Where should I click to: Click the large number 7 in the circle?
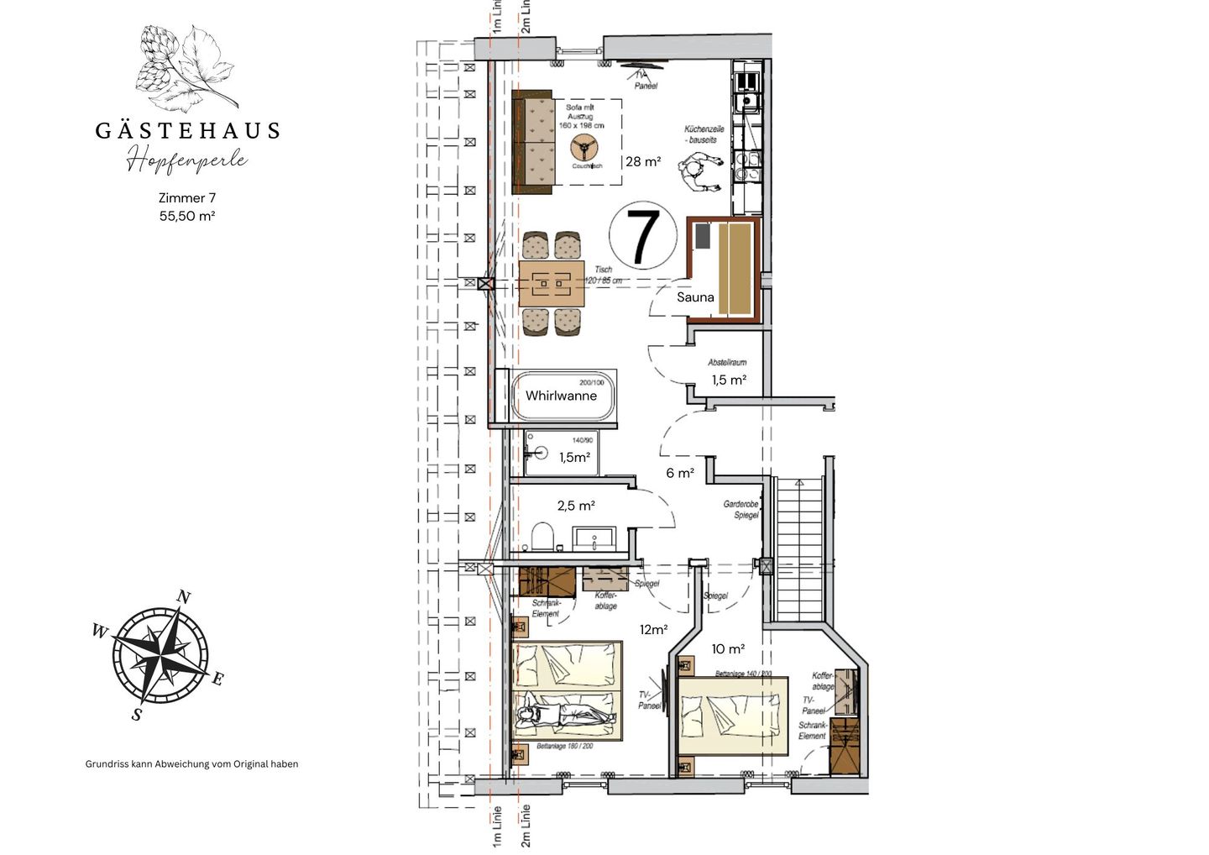click(642, 236)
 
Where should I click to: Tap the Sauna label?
click(695, 297)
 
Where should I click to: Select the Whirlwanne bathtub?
click(563, 395)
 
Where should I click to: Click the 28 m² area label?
click(642, 161)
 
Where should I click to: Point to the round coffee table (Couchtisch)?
click(584, 149)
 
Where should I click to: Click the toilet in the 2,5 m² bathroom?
click(543, 535)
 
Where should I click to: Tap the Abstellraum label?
click(727, 362)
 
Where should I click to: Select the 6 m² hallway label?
click(679, 473)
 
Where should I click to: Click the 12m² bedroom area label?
click(653, 629)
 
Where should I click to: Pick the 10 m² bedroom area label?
click(728, 648)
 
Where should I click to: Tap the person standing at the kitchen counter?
click(699, 175)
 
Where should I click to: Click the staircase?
click(798, 546)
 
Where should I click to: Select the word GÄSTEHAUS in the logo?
click(188, 130)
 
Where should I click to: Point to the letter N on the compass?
click(184, 597)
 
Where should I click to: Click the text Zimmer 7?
click(187, 198)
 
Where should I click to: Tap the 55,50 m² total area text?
click(187, 216)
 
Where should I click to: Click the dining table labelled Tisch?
click(552, 284)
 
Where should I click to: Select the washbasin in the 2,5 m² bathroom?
click(594, 538)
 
